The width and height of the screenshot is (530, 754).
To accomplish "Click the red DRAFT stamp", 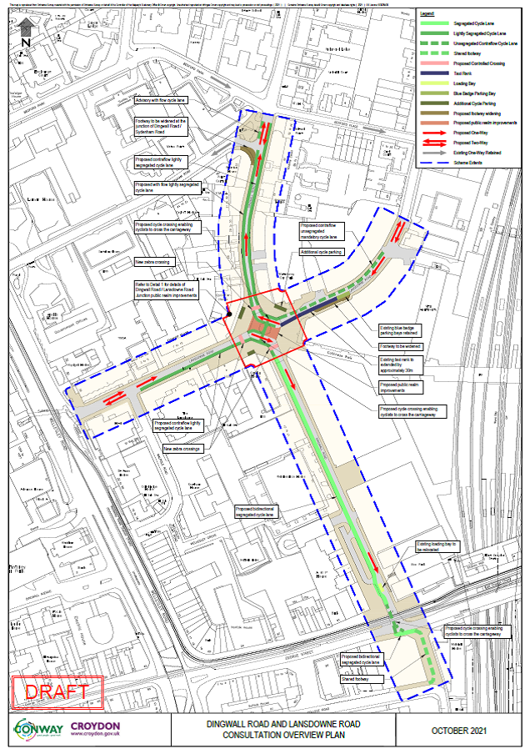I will click(57, 691).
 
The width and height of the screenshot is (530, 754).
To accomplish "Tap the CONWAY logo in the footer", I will click(38, 730).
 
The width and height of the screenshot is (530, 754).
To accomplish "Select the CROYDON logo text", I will click(96, 728).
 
